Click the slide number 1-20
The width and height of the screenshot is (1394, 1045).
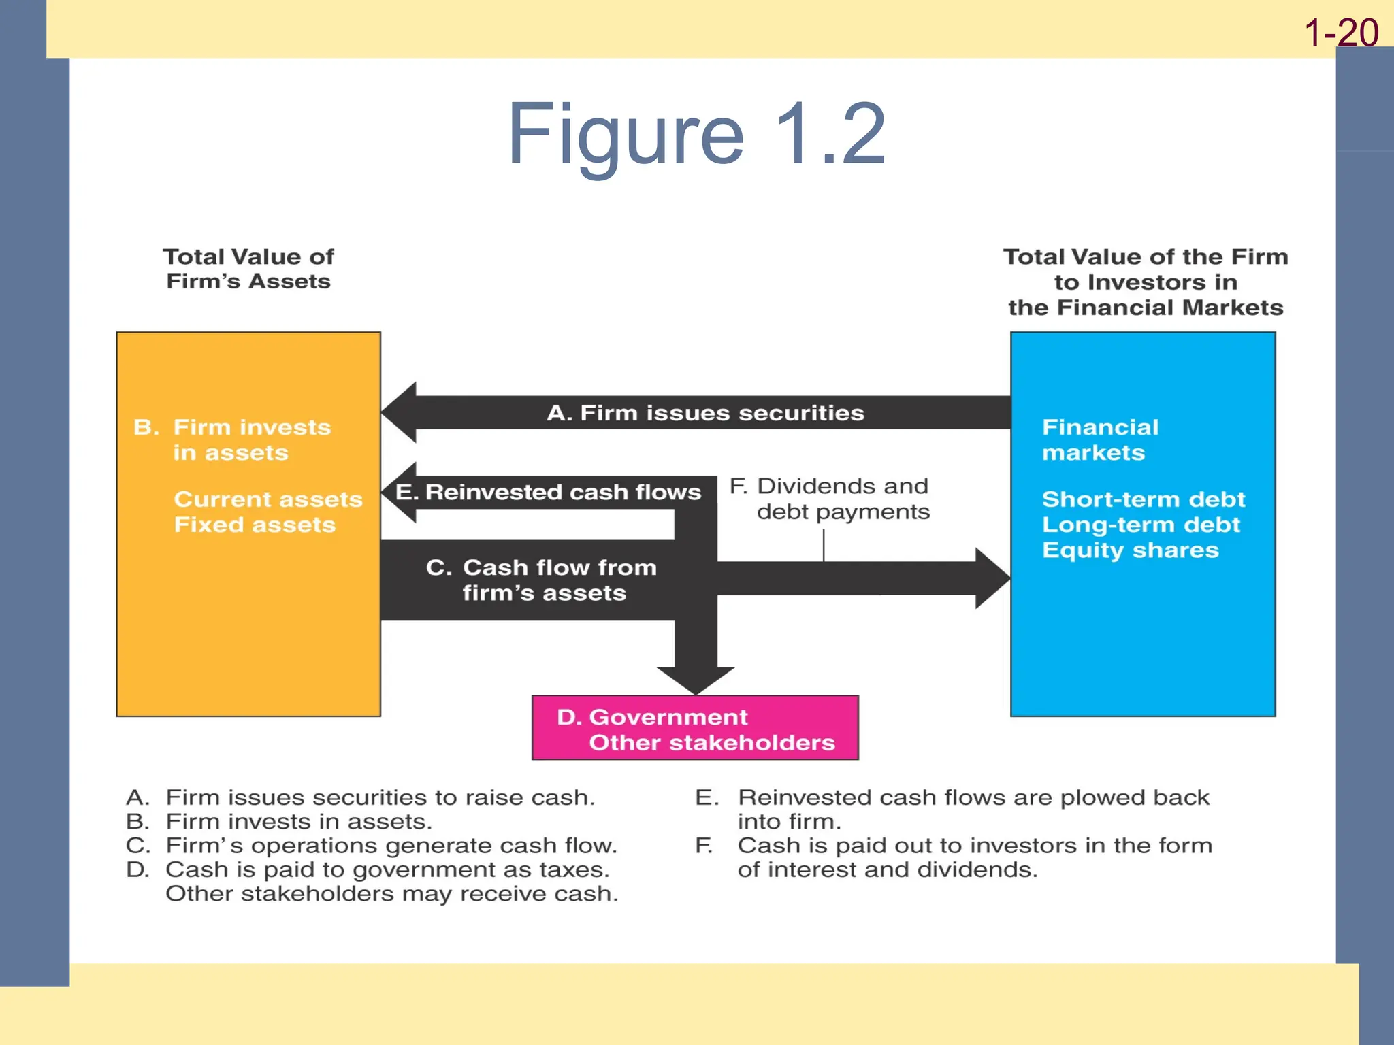coord(1341,33)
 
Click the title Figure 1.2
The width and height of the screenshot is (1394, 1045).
coord(696,134)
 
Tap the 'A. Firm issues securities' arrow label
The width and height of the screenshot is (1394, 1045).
coord(705,413)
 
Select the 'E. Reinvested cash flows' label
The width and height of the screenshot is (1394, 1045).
coord(548,492)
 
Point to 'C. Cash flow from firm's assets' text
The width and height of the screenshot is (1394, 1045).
coord(541,580)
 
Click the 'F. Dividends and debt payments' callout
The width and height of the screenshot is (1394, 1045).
coord(830,499)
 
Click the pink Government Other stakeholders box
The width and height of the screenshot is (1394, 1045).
coord(695,728)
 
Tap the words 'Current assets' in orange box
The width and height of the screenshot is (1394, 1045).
coord(268,499)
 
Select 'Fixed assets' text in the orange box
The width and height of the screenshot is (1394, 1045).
coord(255,525)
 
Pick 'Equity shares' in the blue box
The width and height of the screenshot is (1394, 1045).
coord(1130,550)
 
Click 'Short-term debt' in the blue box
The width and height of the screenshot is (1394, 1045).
coord(1143,499)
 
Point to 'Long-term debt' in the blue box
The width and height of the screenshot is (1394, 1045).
coord(1141,525)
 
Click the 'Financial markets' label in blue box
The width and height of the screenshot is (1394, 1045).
coord(1099,439)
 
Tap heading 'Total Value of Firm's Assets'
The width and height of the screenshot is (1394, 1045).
coord(248,269)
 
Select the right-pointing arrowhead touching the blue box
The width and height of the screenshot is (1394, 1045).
coord(992,578)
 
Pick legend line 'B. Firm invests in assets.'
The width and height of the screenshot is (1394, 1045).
coord(279,821)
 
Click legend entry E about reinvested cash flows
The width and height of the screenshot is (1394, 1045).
coord(953,808)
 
